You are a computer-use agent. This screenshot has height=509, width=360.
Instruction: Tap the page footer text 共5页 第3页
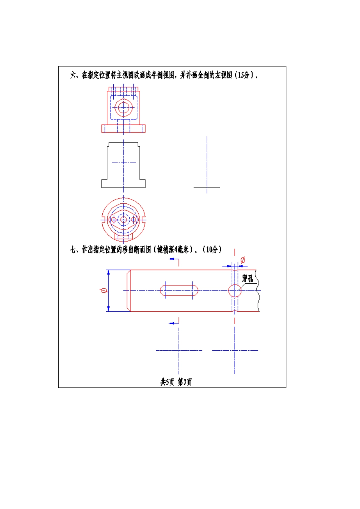coord(176,382)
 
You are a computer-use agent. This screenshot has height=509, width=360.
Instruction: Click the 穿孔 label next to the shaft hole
coord(247,279)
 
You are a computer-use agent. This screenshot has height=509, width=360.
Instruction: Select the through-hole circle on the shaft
coord(235,291)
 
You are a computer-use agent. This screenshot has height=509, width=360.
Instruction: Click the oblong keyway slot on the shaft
coord(179,290)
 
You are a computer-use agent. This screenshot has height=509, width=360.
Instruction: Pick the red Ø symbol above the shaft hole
coord(243,260)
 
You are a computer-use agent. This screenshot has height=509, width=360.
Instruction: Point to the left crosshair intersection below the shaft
coord(179,350)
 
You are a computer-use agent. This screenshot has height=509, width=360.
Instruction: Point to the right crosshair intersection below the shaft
coord(235,350)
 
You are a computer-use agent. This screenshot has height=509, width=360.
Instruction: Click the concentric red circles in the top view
coord(124,108)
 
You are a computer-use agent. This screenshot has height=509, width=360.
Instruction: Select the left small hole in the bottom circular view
coord(113,219)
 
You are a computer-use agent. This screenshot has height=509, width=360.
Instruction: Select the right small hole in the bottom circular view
coord(133,219)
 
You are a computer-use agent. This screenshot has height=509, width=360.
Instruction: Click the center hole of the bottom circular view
coord(124,219)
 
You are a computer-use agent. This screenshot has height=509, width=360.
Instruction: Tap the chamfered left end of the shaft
coord(128,290)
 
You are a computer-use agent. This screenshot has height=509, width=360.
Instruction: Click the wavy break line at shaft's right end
coord(258,299)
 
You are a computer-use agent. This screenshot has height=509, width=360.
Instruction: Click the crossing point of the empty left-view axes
coord(207,187)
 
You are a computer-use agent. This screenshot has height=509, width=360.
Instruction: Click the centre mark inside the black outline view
coord(124,163)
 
